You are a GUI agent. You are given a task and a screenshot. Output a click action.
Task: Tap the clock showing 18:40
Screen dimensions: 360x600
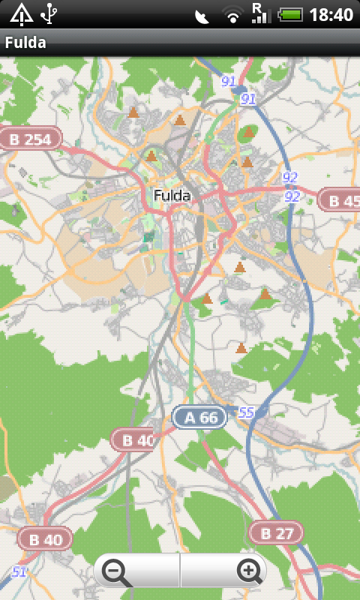tap(331, 14)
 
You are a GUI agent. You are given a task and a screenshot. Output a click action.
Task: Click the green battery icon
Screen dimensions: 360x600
tap(290, 14)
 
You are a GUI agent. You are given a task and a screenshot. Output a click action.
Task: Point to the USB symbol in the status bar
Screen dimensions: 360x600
tap(49, 13)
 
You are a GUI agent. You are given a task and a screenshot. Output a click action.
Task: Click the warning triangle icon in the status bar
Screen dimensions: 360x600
tap(21, 13)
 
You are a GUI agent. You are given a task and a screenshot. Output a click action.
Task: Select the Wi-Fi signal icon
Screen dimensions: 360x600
tap(233, 15)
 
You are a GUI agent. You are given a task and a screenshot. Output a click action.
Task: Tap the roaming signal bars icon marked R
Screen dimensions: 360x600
tap(260, 13)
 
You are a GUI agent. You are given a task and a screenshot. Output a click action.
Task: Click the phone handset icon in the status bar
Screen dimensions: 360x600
tap(202, 15)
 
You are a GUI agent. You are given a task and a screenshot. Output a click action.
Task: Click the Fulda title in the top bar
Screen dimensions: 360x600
tap(25, 43)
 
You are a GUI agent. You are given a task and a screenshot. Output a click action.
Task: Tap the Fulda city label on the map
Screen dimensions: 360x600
tap(172, 196)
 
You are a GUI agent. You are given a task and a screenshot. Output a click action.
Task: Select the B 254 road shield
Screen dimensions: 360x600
tap(30, 139)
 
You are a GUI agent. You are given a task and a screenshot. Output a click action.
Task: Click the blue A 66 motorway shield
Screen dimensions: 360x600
tap(199, 418)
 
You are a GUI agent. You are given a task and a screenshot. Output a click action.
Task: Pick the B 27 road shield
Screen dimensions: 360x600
tap(275, 533)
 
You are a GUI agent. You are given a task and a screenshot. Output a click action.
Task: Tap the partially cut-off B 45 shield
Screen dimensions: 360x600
tap(340, 200)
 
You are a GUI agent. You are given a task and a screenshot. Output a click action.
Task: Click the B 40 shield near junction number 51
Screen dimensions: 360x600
tap(44, 538)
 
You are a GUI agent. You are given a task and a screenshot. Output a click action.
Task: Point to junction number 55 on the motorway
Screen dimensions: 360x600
tap(246, 412)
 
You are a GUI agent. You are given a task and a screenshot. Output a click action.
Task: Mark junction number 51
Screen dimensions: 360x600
tap(19, 571)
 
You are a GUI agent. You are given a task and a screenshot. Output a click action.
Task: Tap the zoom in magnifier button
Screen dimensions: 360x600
tap(248, 571)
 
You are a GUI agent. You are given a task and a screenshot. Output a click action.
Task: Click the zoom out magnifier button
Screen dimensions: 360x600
tap(115, 571)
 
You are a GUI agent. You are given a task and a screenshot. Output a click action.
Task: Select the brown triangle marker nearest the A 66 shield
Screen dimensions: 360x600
tap(241, 348)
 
